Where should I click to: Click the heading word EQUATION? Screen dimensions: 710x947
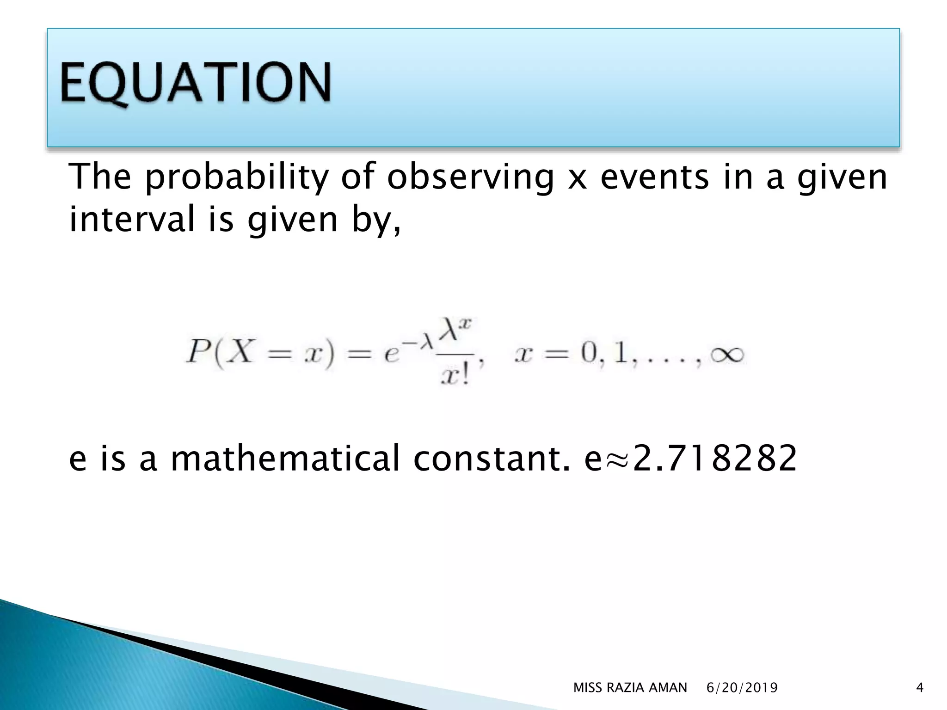click(x=195, y=83)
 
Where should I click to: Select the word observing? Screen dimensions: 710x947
click(x=470, y=177)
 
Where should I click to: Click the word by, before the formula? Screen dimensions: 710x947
click(x=375, y=220)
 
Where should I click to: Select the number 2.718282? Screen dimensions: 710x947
click(x=715, y=458)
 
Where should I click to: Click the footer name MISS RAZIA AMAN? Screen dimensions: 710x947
click(x=630, y=688)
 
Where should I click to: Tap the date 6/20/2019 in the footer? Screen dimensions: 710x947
click(x=742, y=688)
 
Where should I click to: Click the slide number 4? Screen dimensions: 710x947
click(x=919, y=688)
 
